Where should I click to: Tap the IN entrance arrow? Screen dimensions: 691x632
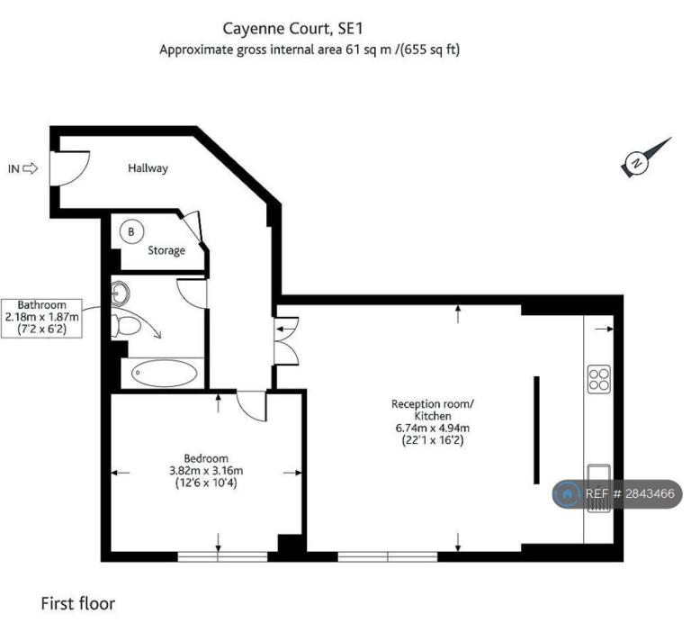(x=30, y=168)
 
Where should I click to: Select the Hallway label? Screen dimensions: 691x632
(x=148, y=168)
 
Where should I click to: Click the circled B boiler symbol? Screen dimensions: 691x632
(x=131, y=231)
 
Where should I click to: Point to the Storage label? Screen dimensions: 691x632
(x=166, y=250)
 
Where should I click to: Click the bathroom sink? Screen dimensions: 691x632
(x=120, y=292)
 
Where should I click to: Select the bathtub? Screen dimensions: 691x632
(x=165, y=373)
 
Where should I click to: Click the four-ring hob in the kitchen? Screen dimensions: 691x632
(x=599, y=379)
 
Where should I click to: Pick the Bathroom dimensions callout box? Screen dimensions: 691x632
(x=41, y=318)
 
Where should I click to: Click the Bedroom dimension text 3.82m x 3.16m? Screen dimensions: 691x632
(x=206, y=471)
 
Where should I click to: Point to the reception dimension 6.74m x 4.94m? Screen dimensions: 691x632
(x=432, y=428)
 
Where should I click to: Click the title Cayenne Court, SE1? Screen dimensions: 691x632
(x=292, y=29)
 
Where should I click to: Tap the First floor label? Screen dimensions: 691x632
(x=78, y=603)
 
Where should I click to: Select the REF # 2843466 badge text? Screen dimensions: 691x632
(x=630, y=493)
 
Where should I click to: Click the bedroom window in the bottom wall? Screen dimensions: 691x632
(x=222, y=556)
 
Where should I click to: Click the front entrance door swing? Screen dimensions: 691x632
(x=69, y=169)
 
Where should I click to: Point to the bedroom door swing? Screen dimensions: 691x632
(x=252, y=406)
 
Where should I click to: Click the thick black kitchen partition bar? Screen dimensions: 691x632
(x=536, y=430)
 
